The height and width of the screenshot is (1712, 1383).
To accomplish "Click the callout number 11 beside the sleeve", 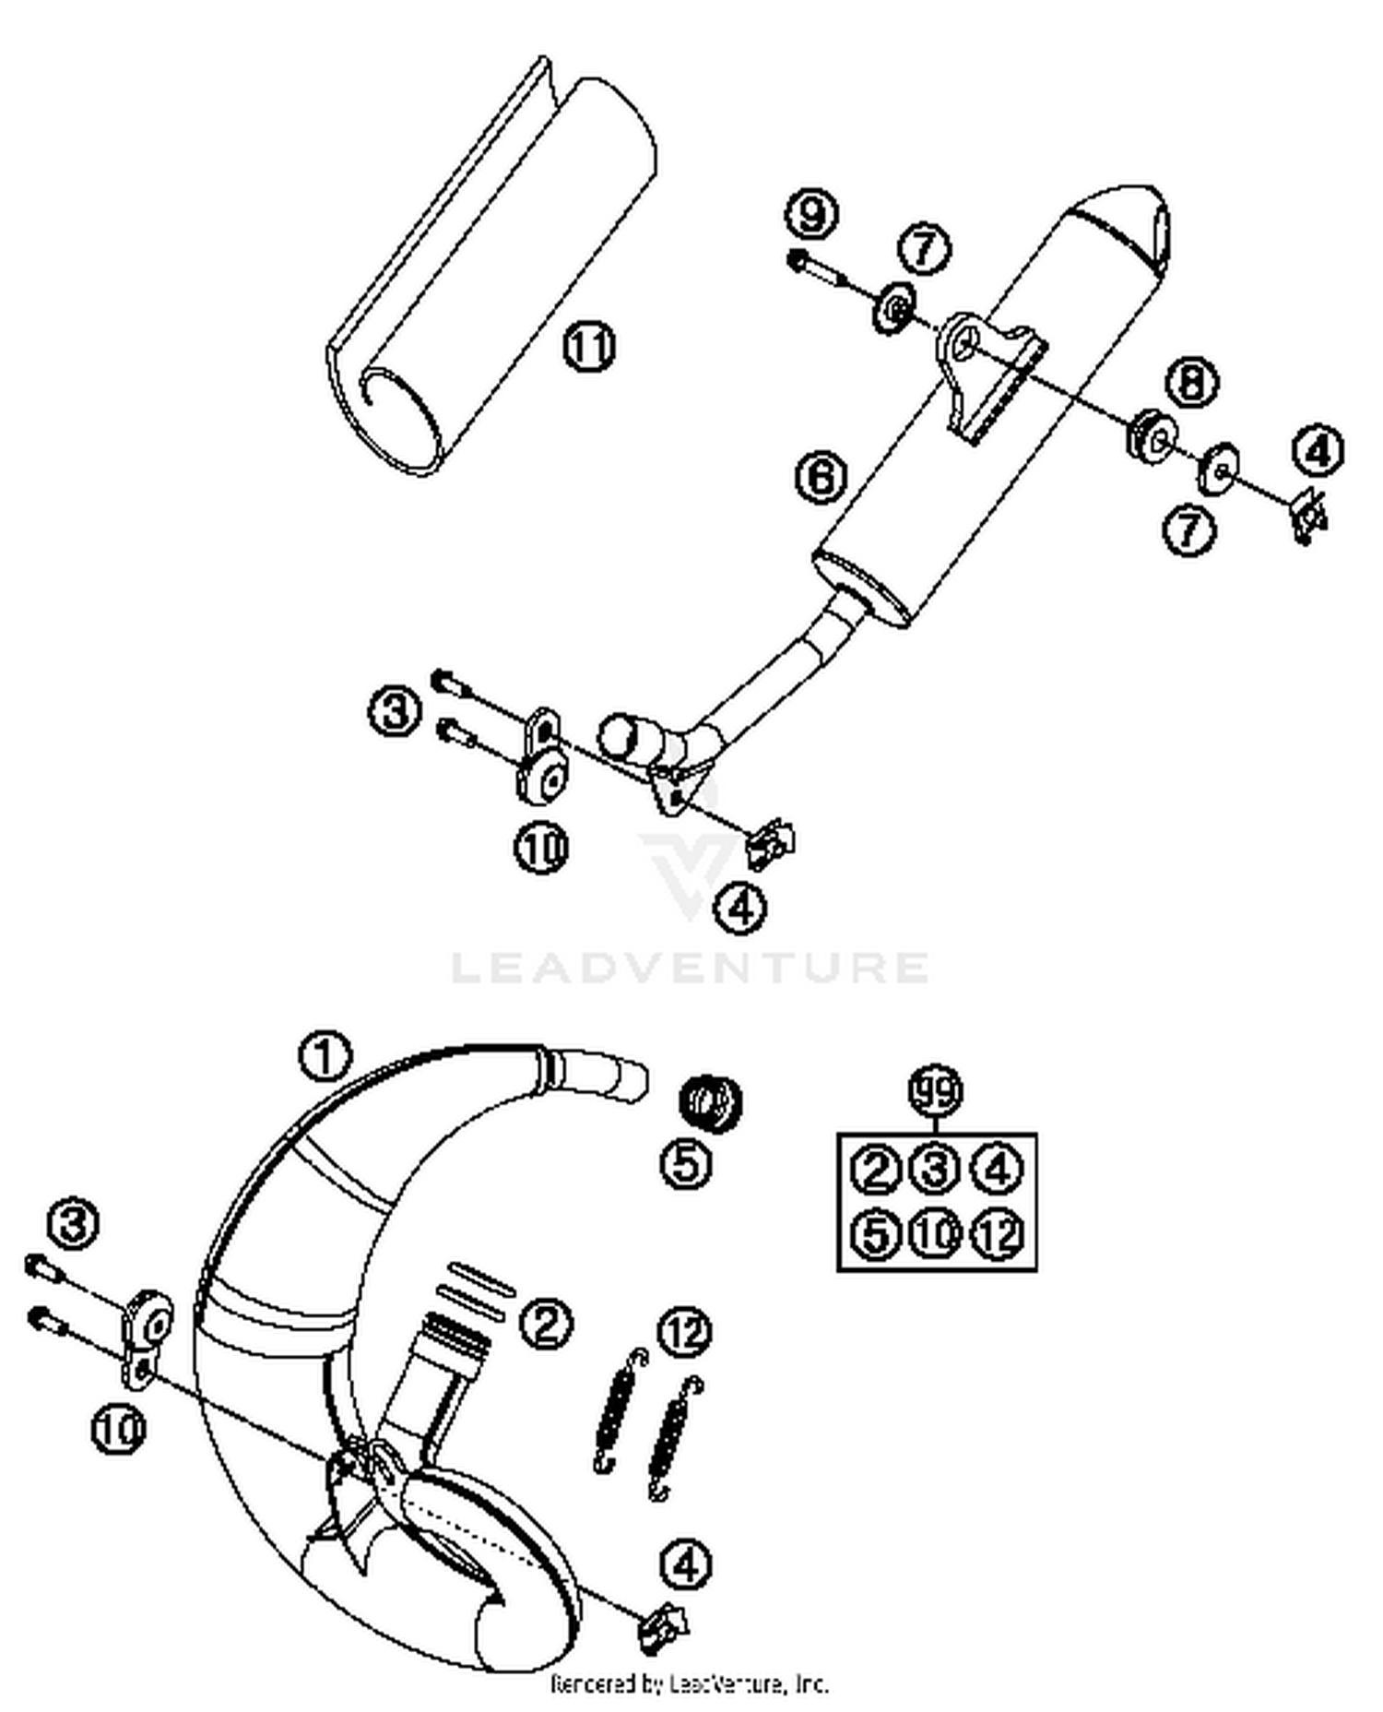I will click(x=588, y=347).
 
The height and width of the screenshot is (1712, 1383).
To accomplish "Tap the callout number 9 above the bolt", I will click(x=811, y=214).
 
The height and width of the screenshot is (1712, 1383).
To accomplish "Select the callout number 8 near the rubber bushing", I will click(x=1191, y=381).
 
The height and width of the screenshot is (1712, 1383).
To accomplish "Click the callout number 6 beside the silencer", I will click(x=821, y=477).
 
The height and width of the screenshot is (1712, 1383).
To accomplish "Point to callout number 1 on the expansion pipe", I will click(x=325, y=1056).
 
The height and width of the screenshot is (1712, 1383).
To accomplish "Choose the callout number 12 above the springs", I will click(x=685, y=1331).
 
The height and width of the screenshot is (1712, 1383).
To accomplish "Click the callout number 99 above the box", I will click(x=935, y=1091).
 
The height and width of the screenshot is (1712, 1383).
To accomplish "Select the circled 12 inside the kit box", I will click(x=998, y=1233).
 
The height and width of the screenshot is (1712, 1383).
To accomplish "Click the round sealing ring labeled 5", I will click(x=711, y=1101).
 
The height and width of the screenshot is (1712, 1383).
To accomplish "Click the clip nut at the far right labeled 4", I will click(x=1308, y=513).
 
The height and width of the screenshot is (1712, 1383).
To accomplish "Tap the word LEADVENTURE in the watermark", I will click(x=690, y=967).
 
